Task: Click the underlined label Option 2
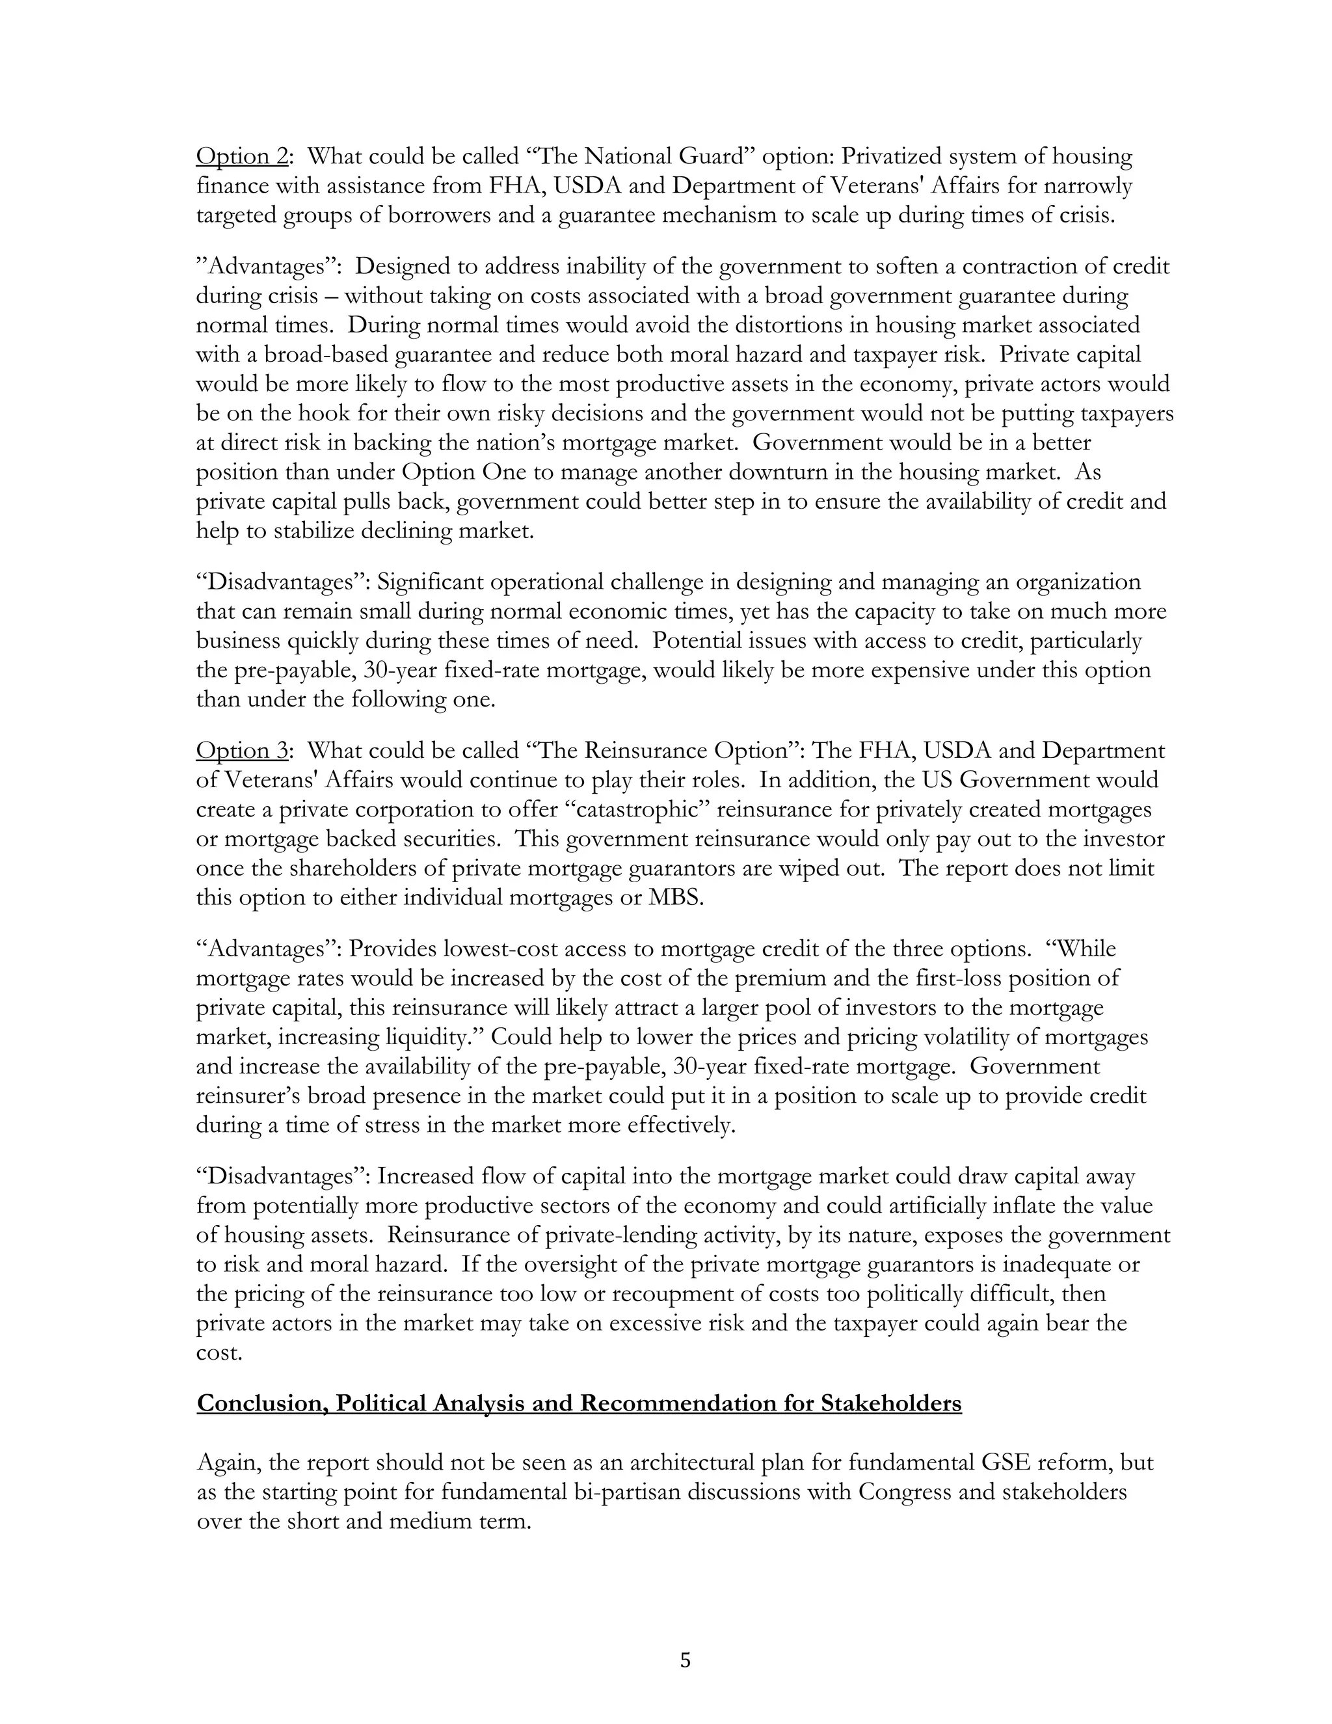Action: [241, 156]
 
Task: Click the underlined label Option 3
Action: [241, 750]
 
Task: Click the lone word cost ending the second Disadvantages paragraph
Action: [219, 1353]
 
